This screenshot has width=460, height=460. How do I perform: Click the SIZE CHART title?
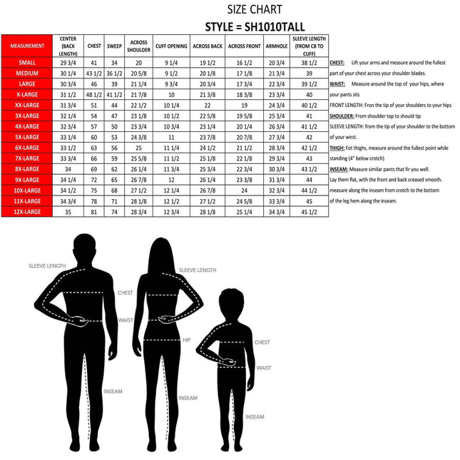click(x=255, y=9)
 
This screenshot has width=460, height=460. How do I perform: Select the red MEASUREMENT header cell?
click(x=26, y=46)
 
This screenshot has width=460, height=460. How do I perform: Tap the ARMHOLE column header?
click(x=275, y=46)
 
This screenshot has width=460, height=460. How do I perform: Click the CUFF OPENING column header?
click(x=171, y=46)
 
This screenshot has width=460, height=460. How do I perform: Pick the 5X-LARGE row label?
click(x=26, y=136)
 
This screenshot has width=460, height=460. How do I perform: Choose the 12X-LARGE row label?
click(x=26, y=211)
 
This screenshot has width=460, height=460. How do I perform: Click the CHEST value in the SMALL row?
click(x=93, y=62)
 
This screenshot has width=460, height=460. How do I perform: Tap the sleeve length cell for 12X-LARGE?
click(x=309, y=212)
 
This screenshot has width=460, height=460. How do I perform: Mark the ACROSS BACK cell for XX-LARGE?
click(x=208, y=105)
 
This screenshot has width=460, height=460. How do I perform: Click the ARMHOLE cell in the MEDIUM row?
click(x=275, y=73)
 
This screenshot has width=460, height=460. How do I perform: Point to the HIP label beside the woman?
click(x=186, y=339)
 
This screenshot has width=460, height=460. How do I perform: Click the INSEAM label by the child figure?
click(x=255, y=416)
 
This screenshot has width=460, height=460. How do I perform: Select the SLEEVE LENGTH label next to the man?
click(x=47, y=265)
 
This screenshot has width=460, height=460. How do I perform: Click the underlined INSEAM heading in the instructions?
click(x=339, y=169)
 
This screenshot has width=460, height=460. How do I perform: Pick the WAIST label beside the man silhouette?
click(x=126, y=320)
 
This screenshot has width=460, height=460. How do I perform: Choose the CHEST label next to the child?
click(x=262, y=342)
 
